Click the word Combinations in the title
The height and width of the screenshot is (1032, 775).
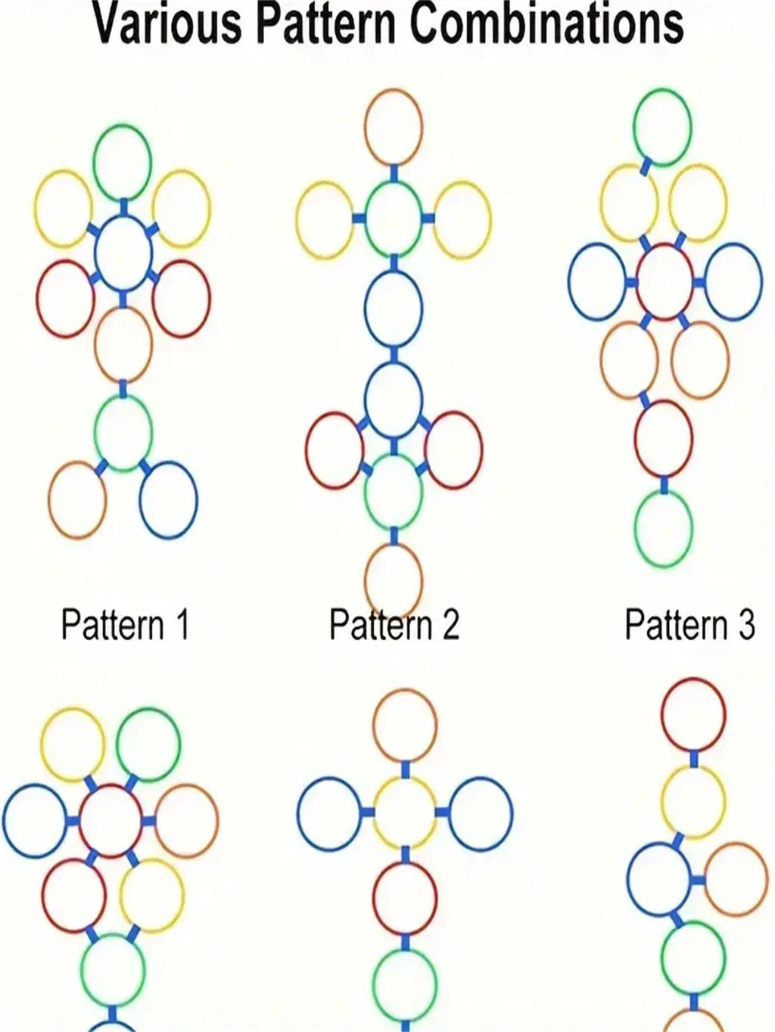click(547, 23)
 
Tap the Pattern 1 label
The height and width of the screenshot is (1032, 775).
click(125, 624)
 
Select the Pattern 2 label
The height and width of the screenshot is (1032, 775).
click(394, 624)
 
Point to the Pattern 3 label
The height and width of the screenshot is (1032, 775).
click(690, 624)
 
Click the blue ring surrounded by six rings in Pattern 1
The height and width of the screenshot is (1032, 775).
click(123, 254)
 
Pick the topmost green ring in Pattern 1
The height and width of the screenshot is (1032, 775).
click(123, 162)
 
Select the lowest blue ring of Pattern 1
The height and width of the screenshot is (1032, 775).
click(168, 500)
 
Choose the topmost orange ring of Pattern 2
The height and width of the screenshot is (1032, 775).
click(394, 127)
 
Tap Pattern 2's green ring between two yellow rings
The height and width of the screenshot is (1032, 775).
click(394, 219)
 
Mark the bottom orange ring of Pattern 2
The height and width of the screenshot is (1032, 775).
click(394, 581)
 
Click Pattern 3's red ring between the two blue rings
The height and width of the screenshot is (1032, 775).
click(664, 281)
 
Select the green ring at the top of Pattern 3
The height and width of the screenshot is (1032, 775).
click(662, 127)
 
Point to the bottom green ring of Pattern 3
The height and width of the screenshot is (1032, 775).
click(664, 528)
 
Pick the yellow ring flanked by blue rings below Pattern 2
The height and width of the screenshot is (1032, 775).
click(405, 812)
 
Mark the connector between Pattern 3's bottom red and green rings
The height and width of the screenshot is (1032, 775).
click(664, 484)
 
